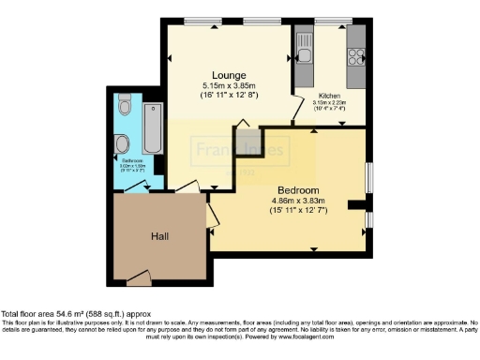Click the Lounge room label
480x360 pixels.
pos(229,75)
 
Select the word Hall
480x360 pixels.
pos(159,237)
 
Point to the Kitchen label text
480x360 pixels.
pos(330,97)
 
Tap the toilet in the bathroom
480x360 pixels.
pos(123,142)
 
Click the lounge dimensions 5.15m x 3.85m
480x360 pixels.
pos(229,85)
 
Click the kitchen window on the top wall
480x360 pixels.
pos(332,21)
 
